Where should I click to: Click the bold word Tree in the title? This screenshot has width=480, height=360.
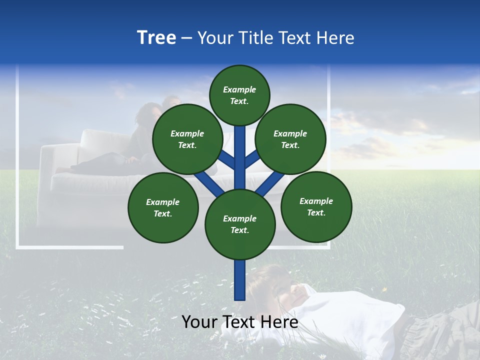(156, 38)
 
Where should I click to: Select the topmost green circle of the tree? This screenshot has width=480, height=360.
(239, 95)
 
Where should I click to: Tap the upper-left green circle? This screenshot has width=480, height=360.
(187, 139)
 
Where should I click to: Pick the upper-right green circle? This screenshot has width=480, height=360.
(290, 139)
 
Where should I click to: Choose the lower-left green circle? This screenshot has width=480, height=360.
(163, 207)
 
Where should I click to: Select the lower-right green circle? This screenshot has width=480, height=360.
(316, 206)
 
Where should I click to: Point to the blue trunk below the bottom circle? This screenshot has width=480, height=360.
(240, 280)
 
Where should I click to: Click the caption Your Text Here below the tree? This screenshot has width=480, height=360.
(239, 322)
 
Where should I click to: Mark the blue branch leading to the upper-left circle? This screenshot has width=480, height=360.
(226, 160)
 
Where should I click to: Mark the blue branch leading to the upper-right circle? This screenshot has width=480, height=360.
(253, 160)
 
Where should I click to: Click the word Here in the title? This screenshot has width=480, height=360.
(335, 38)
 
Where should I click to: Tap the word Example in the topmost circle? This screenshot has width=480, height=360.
(239, 89)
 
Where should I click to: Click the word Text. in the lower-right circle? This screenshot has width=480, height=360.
(316, 212)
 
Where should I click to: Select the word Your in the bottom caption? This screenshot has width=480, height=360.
(198, 322)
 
